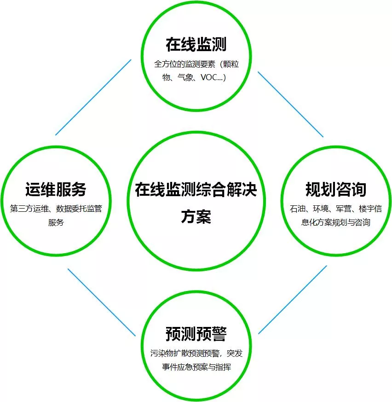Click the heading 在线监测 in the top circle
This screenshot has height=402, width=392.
pos(196,44)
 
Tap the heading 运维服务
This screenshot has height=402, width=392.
pos(56,189)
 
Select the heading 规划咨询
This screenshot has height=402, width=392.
pos(336,189)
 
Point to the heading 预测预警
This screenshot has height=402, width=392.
pos(196,334)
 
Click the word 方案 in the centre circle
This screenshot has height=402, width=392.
pos(196,216)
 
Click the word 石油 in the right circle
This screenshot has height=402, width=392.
pos(298,209)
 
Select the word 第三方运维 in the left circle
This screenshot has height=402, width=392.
pos(29,209)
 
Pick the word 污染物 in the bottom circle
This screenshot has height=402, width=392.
pos(161,353)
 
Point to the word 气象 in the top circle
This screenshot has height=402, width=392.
pos(185,77)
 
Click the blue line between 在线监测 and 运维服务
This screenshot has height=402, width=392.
pos(93,98)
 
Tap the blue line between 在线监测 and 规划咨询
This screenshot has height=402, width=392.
pos(290,105)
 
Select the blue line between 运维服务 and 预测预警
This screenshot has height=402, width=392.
pos(102,302)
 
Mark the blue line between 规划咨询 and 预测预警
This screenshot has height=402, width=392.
pos(293,300)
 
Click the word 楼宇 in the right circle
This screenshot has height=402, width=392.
pos(367,209)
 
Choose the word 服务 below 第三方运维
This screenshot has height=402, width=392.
pos(56,222)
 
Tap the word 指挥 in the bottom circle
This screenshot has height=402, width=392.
pos(223,367)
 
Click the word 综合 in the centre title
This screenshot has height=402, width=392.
pos(211,190)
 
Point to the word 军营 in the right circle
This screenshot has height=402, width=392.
pos(344,209)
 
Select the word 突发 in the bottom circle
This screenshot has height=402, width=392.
pos(235,353)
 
